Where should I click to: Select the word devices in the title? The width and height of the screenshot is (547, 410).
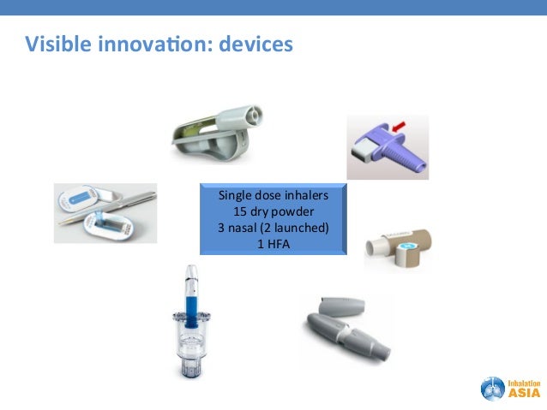[256, 43]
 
